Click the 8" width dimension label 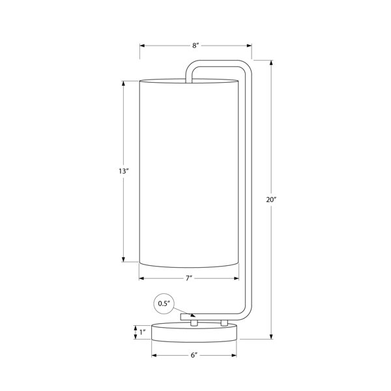(x=195, y=46)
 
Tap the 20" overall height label (x=271, y=199)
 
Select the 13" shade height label (x=123, y=171)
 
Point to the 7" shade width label (x=189, y=278)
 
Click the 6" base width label (x=194, y=355)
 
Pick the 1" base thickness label (x=142, y=332)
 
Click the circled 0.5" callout (x=164, y=304)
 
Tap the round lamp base (x=194, y=332)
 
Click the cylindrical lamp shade (x=189, y=173)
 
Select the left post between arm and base (x=194, y=323)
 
